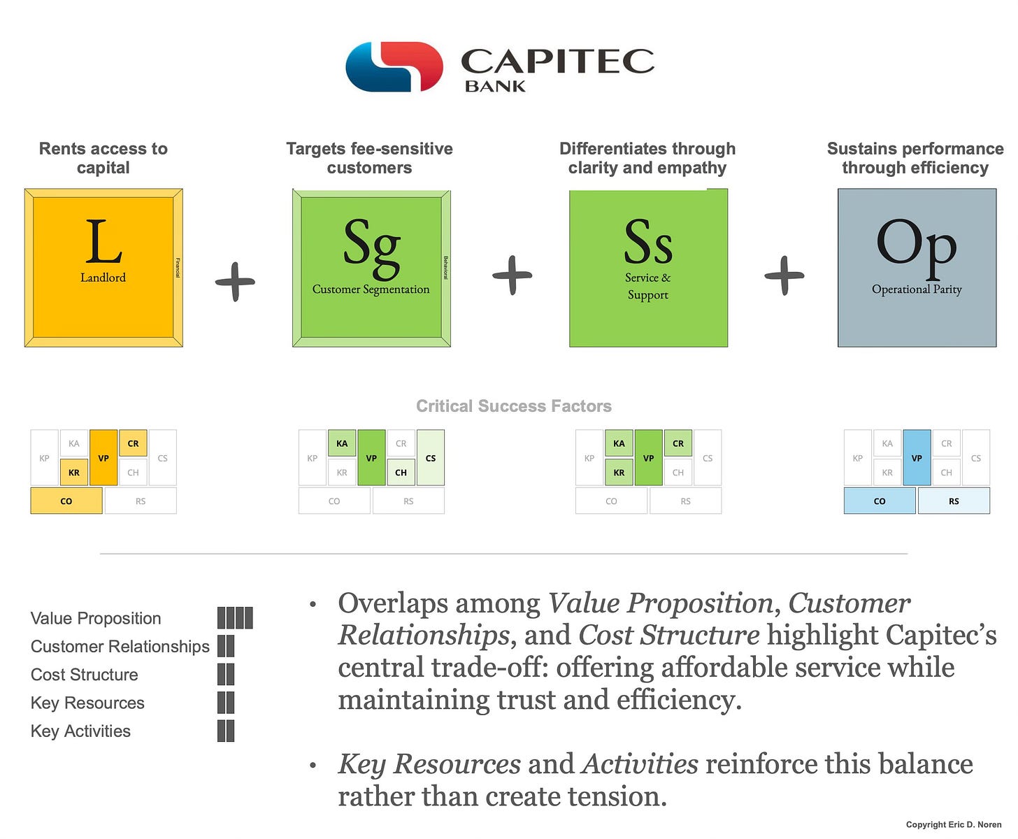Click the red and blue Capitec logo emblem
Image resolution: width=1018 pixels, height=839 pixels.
tap(394, 66)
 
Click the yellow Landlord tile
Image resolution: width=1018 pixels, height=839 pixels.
tap(103, 268)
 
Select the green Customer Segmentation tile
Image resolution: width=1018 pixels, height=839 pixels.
tap(371, 268)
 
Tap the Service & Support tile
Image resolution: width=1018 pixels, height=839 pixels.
tap(648, 268)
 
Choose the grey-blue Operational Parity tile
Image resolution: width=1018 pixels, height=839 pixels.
tap(917, 268)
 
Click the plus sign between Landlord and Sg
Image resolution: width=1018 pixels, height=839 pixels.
tap(235, 282)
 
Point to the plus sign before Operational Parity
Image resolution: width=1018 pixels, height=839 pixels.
tap(784, 275)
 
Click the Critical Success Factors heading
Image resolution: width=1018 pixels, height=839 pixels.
tap(513, 406)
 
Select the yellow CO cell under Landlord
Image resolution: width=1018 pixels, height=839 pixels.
tap(66, 501)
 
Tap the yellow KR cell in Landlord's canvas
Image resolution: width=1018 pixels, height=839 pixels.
tap(74, 473)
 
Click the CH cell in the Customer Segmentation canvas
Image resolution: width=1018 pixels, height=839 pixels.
tap(401, 473)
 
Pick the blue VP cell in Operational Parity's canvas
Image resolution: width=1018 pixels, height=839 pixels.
tap(917, 458)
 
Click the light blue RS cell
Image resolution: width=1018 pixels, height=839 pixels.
tap(954, 501)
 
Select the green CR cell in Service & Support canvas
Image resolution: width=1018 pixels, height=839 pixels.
tap(678, 443)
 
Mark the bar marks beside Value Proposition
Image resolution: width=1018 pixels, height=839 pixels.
tap(235, 618)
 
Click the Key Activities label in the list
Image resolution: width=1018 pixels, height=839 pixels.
tap(80, 731)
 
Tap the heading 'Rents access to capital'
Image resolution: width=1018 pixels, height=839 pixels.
tap(103, 158)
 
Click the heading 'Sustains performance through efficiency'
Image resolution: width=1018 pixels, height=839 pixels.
tap(915, 158)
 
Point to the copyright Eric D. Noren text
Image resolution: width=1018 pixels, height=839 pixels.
tap(954, 825)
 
